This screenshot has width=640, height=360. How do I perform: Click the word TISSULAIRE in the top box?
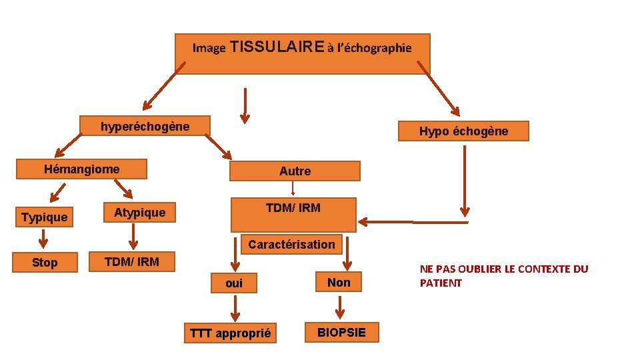click(x=276, y=47)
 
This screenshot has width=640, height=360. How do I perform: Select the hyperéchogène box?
click(x=145, y=126)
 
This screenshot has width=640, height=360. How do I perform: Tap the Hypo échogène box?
click(x=463, y=131)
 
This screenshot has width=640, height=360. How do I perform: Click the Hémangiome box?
click(x=82, y=169)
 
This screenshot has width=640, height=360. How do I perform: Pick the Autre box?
click(x=295, y=171)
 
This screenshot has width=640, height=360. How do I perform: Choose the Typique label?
click(x=44, y=217)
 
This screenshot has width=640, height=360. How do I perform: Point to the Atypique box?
click(x=139, y=213)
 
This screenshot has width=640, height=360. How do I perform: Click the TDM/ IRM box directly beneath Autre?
click(x=293, y=208)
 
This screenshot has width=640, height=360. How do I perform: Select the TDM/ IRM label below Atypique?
click(x=132, y=262)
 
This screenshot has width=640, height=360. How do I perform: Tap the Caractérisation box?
click(x=291, y=244)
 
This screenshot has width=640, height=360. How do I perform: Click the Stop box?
click(x=45, y=263)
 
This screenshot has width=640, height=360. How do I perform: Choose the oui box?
click(x=234, y=283)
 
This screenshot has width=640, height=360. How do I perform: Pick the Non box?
click(x=339, y=283)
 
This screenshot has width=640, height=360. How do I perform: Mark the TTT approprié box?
click(x=231, y=333)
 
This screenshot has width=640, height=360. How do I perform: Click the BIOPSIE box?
click(x=341, y=333)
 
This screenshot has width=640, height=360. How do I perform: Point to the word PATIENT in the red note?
click(x=441, y=283)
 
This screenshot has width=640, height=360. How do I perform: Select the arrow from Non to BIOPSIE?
click(x=339, y=307)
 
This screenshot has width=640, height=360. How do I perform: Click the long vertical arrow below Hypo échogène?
click(x=465, y=180)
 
